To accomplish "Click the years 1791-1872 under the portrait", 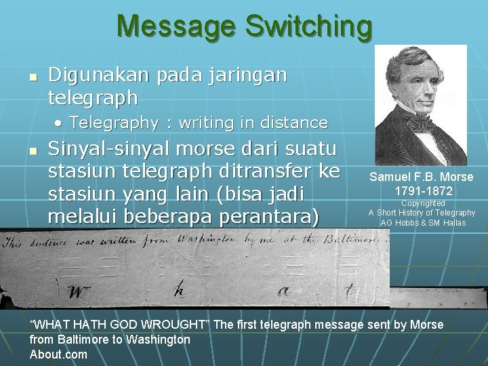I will click(423, 190).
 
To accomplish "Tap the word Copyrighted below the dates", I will click(422, 203).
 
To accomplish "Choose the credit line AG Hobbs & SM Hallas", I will click(423, 223).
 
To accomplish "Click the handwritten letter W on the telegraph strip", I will click(79, 291).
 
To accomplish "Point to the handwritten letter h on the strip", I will click(178, 289).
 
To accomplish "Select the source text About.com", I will click(58, 354).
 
